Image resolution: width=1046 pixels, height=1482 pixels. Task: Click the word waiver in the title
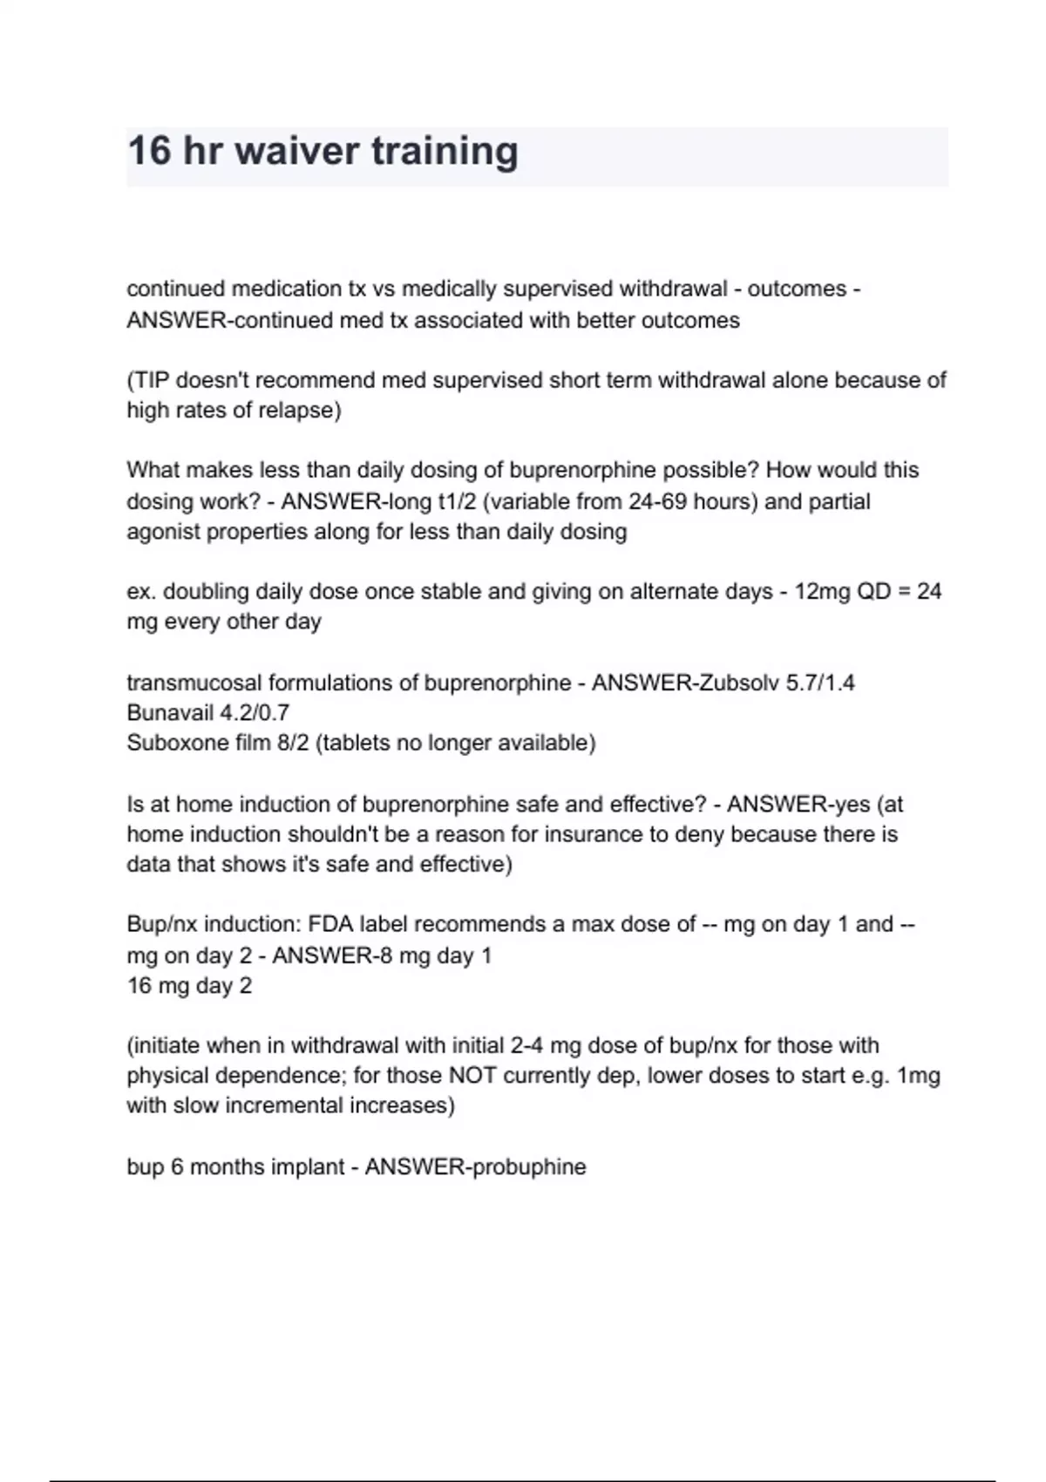[296, 151]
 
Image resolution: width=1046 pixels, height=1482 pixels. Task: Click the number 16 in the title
[149, 151]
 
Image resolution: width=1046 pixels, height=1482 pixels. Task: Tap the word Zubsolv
[730, 683]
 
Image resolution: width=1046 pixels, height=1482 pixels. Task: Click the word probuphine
[530, 1166]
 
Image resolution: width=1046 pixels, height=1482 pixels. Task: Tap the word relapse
[295, 410]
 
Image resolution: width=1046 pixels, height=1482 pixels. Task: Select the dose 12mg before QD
[822, 592]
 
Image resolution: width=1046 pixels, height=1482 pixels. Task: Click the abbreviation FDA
[331, 924]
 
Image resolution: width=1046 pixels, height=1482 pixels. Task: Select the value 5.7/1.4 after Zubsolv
[819, 683]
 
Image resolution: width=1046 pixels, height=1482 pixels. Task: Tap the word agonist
[163, 532]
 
